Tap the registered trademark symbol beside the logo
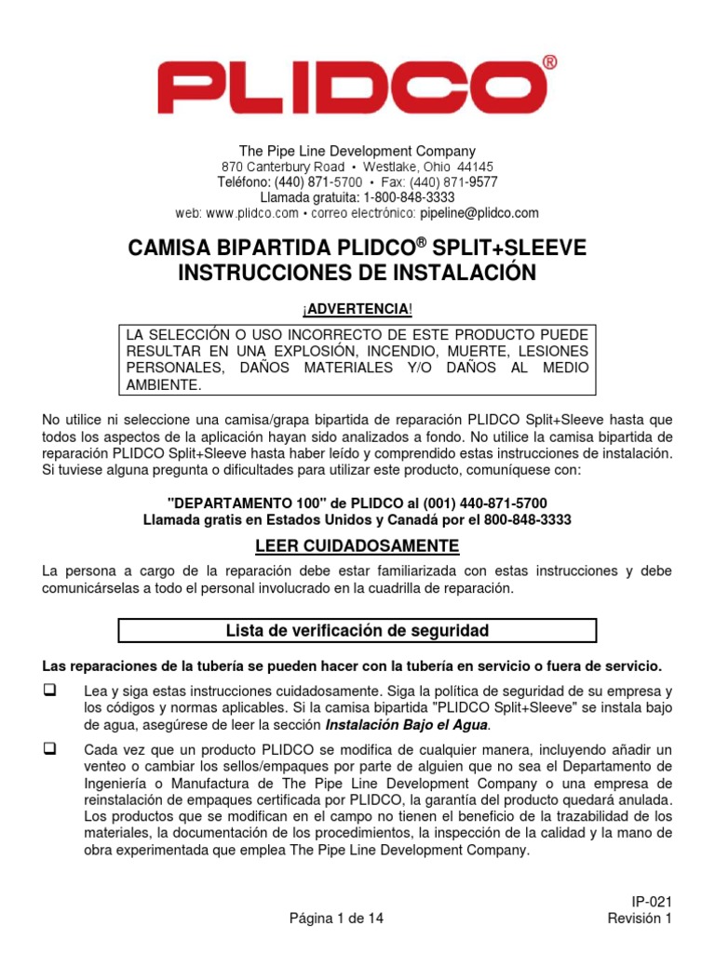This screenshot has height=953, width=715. point(549,63)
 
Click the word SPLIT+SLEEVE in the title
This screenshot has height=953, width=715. point(510,248)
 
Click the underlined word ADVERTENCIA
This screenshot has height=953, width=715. point(357,308)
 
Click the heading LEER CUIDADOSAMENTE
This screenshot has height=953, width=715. point(357,545)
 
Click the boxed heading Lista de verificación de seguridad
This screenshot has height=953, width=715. point(357,631)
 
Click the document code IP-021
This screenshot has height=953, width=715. point(652,901)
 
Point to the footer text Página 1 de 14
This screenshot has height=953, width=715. point(336,918)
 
